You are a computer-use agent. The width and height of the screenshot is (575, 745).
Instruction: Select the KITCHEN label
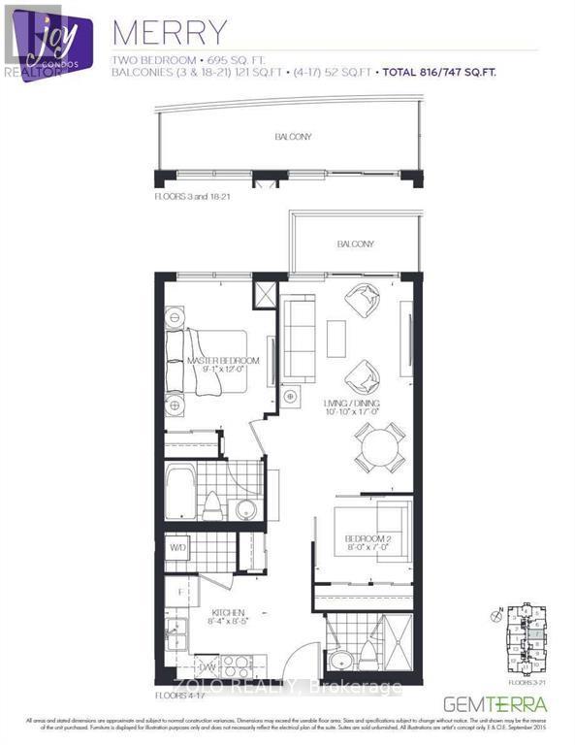point(231,612)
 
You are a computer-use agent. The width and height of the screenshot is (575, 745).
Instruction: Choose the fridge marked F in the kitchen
point(177,590)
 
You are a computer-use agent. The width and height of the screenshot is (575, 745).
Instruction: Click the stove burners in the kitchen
point(236,664)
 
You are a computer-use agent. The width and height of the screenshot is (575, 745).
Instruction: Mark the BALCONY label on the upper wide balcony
point(292,137)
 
